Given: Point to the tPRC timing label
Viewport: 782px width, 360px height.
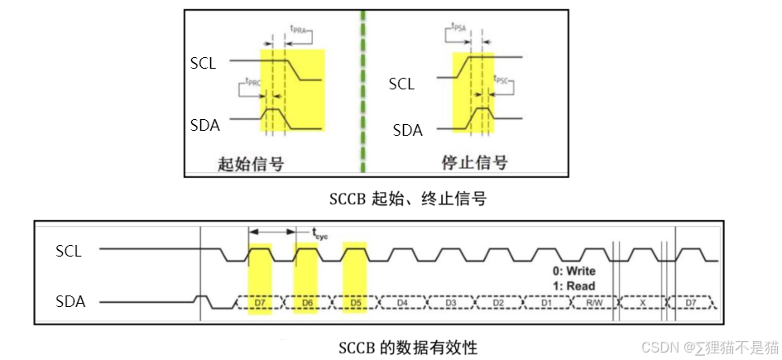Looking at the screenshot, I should [x=256, y=82].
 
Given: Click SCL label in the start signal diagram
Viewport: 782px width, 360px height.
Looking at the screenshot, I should [x=204, y=63].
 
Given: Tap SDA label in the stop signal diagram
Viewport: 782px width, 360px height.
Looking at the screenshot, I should [x=407, y=130].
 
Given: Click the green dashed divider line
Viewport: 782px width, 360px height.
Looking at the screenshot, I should [x=362, y=91].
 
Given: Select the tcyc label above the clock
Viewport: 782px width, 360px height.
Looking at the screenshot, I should [x=320, y=234].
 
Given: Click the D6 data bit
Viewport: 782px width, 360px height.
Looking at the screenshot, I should [x=306, y=303].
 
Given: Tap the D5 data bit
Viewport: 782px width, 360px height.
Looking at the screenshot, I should [x=354, y=303].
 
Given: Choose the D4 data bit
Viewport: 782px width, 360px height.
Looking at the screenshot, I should [x=402, y=303].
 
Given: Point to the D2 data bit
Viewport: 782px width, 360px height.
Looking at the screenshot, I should [x=498, y=303].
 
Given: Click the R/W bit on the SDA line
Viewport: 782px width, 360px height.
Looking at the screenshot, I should [x=594, y=303].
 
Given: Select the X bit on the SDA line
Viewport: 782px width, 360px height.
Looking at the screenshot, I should [x=642, y=303].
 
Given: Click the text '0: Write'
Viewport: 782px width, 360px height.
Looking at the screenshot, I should [x=573, y=271].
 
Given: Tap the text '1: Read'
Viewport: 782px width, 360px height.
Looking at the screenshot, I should [x=573, y=286].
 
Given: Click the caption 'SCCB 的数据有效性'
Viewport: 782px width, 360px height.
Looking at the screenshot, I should [x=408, y=347].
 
